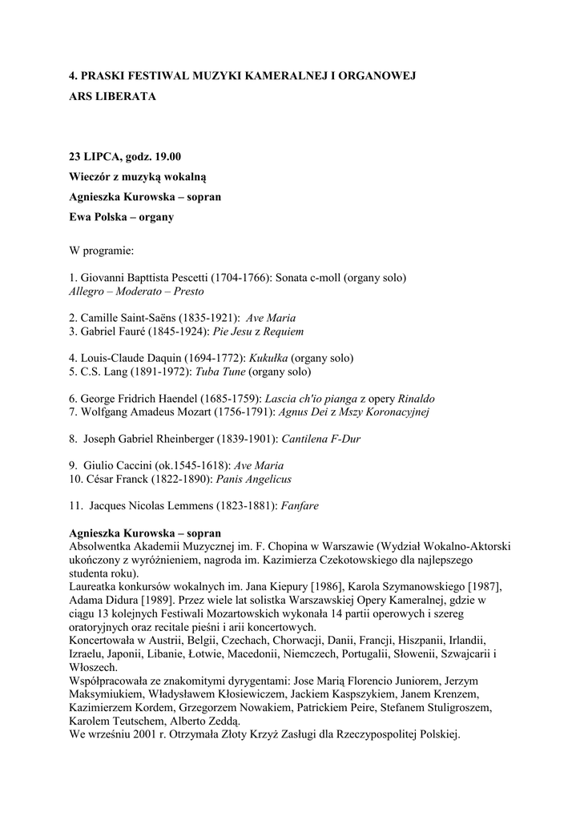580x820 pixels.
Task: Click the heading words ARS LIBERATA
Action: point(112,96)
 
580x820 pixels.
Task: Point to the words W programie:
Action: point(102,251)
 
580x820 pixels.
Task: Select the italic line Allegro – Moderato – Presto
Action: point(136,291)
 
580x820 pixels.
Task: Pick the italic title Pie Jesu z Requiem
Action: point(258,332)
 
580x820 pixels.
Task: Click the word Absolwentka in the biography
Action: point(102,546)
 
